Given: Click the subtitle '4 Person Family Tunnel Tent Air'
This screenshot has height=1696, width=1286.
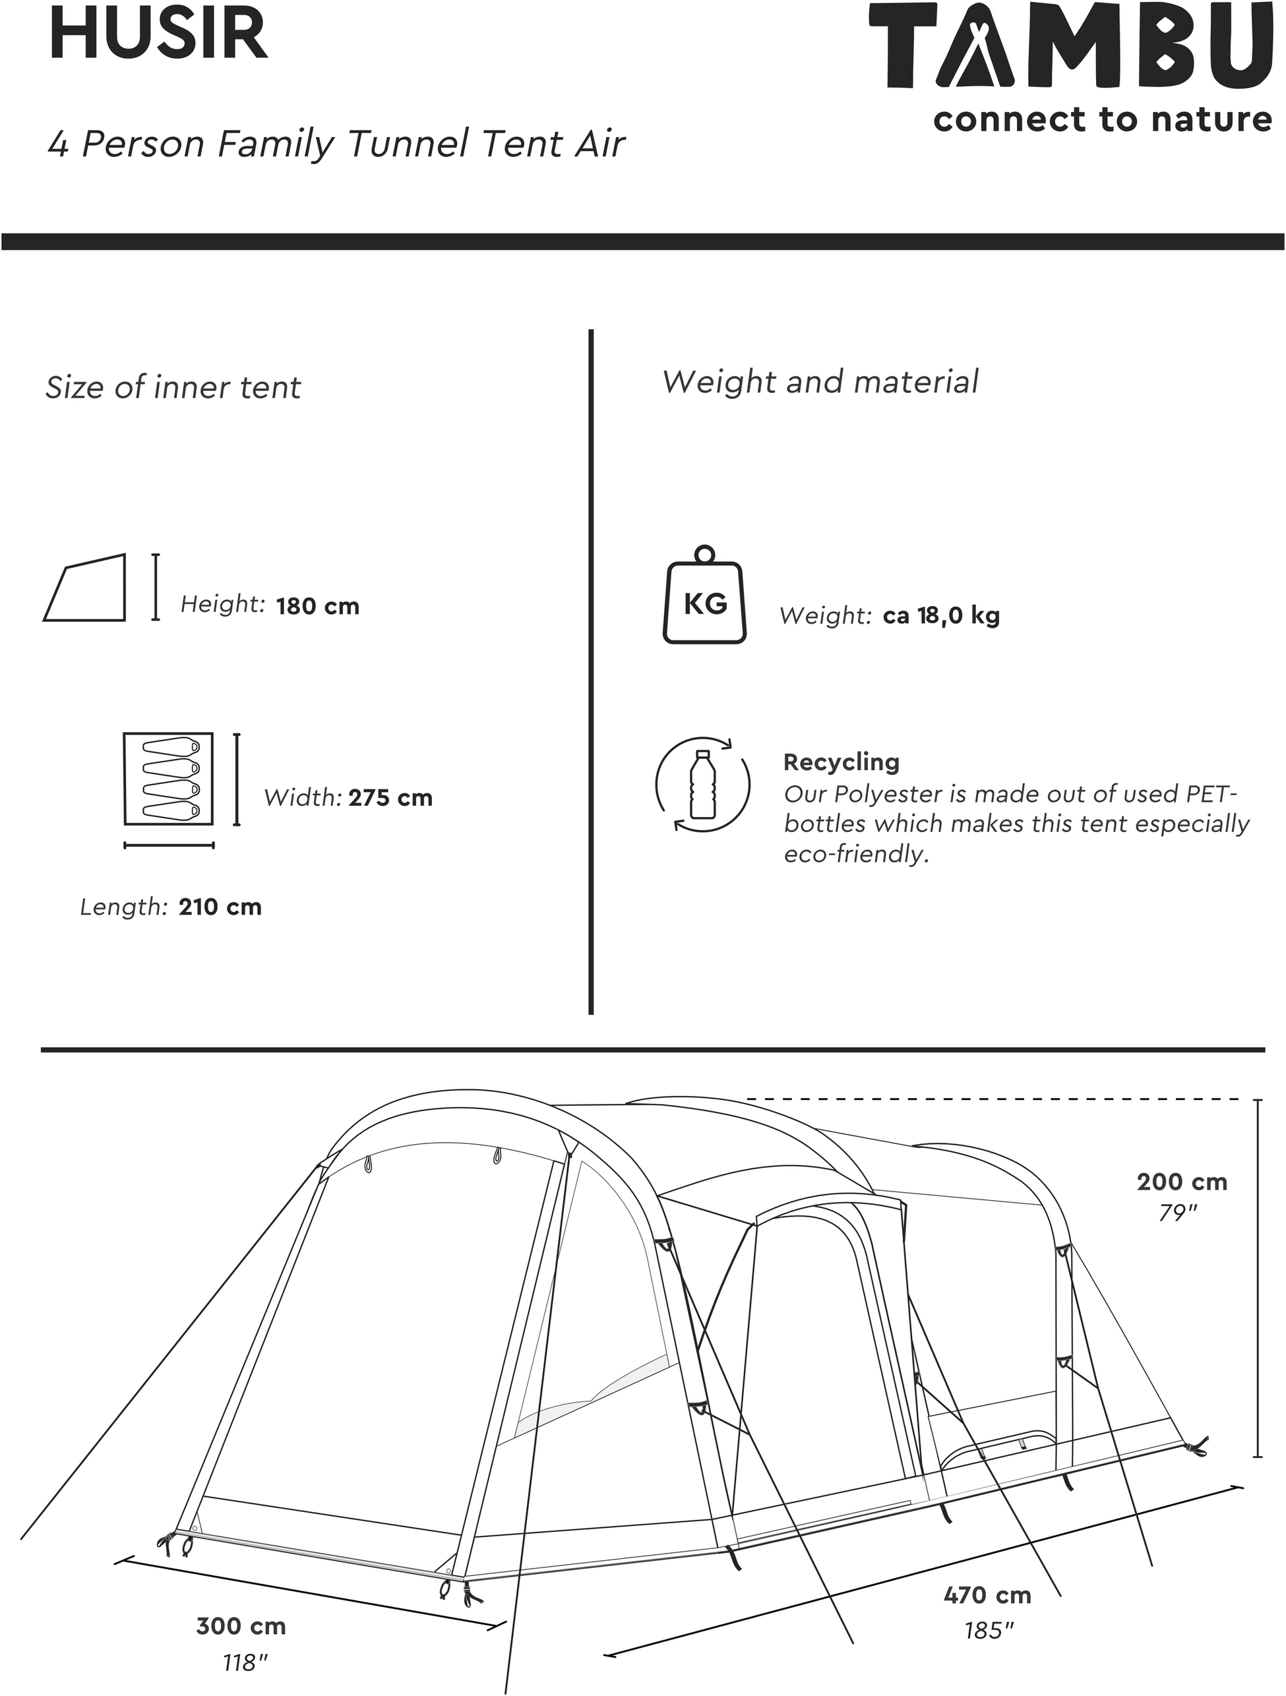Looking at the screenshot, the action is tap(336, 145).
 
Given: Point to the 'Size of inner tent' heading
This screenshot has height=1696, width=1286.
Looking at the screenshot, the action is tap(173, 387).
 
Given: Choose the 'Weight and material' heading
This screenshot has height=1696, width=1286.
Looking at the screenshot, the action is tap(820, 382).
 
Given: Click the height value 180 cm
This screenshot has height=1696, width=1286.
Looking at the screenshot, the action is tap(317, 607).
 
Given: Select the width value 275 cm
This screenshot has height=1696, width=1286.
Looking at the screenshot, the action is tap(390, 798).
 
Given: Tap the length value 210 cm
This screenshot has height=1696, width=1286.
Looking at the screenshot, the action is tap(220, 907).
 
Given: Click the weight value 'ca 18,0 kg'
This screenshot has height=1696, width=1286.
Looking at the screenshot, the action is tap(942, 617).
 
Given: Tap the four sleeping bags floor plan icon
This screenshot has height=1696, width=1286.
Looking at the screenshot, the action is tap(168, 779).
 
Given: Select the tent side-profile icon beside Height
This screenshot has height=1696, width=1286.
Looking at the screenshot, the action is tap(84, 588).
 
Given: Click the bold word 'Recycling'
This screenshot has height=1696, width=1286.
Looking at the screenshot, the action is tap(842, 762).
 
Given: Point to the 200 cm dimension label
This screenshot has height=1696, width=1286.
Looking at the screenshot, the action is tap(1182, 1182).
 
